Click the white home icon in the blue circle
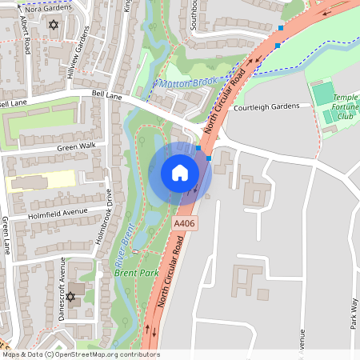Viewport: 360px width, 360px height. [x=180, y=173]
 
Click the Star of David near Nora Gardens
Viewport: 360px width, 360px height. [x=54, y=26]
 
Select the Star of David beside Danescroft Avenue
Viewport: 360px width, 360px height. [x=70, y=298]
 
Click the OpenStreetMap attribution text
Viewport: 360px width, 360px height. [x=81, y=354]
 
